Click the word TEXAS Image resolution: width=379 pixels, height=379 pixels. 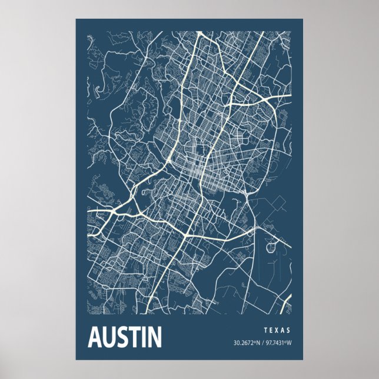click(x=277, y=331)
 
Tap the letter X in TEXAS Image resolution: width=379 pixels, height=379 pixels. click(x=277, y=331)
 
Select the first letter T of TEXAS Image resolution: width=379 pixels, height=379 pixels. click(x=265, y=331)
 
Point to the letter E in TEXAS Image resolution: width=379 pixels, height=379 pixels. click(x=271, y=331)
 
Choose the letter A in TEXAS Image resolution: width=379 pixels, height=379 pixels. click(x=283, y=331)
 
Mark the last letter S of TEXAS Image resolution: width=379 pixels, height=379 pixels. click(x=289, y=331)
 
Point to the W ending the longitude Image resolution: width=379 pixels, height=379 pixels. click(x=290, y=343)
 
